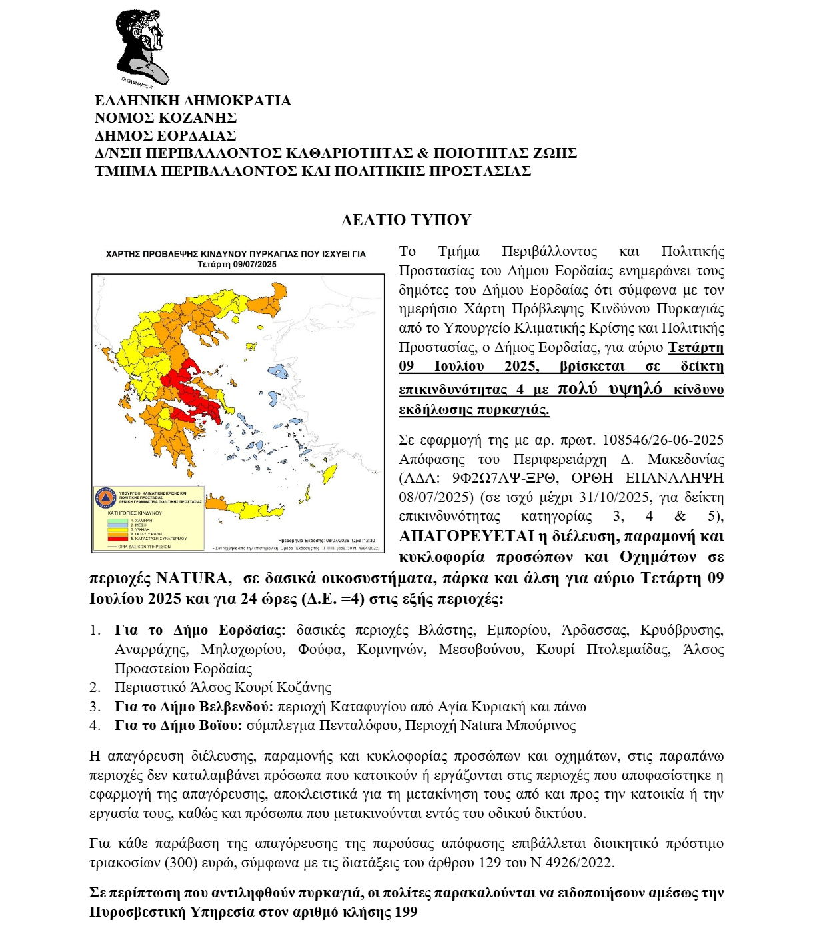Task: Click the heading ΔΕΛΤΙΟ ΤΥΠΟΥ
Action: pyautogui.click(x=406, y=220)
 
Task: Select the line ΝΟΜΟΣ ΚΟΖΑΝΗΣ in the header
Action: pyautogui.click(x=165, y=118)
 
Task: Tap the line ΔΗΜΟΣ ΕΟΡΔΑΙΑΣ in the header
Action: pyautogui.click(x=165, y=135)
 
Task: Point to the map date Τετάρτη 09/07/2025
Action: pyautogui.click(x=237, y=265)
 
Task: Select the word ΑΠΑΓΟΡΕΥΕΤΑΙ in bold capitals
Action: pyautogui.click(x=466, y=537)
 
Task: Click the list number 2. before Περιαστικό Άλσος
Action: pyautogui.click(x=95, y=687)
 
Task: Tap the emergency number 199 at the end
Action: pyautogui.click(x=406, y=912)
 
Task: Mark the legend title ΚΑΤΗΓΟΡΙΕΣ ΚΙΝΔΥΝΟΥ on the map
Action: pyautogui.click(x=135, y=513)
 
